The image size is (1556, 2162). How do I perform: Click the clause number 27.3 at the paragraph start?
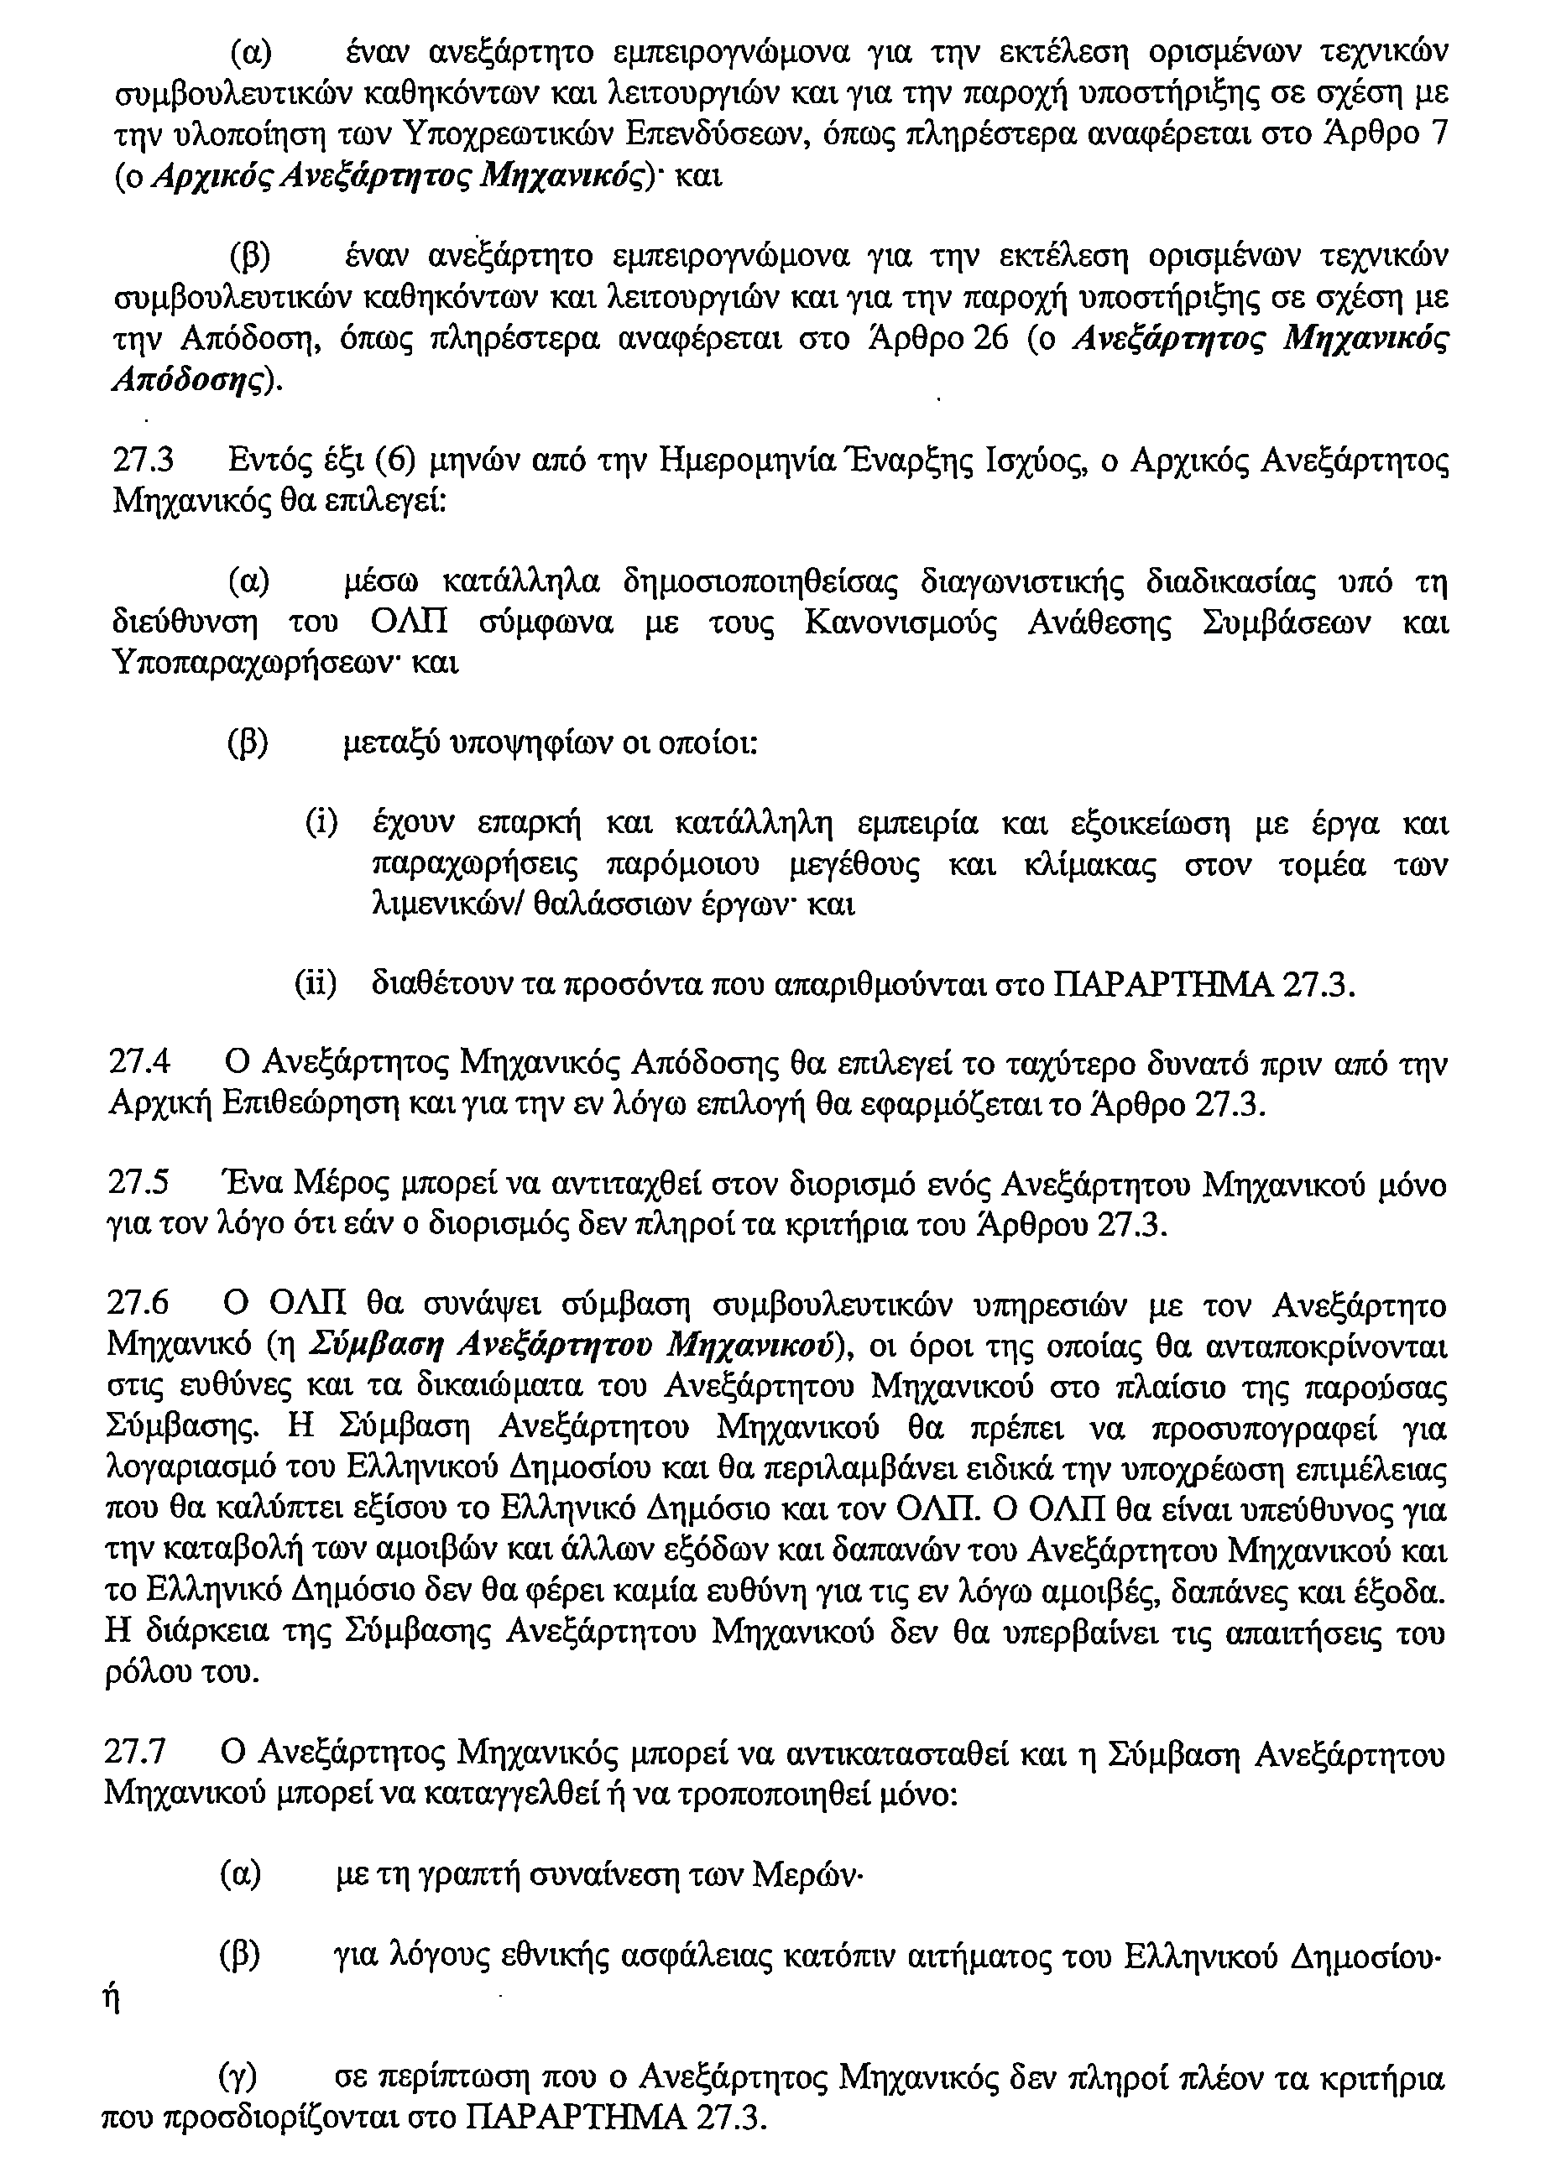[x=143, y=462]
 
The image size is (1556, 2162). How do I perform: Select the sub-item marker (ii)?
[x=316, y=985]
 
